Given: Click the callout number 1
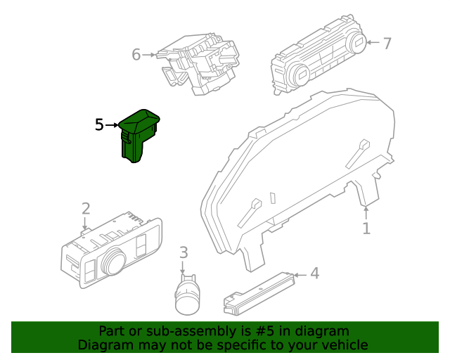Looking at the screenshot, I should [366, 229].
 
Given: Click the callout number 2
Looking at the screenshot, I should [85, 208].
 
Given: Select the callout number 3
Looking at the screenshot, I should [183, 252].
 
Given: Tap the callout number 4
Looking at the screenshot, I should [314, 273].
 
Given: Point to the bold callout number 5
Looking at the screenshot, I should [99, 125].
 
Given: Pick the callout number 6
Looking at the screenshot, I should [136, 53].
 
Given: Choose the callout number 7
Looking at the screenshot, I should [386, 43].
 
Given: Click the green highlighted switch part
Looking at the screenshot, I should [138, 137].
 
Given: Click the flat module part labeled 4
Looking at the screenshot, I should [257, 294].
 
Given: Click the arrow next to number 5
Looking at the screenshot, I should [112, 125].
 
